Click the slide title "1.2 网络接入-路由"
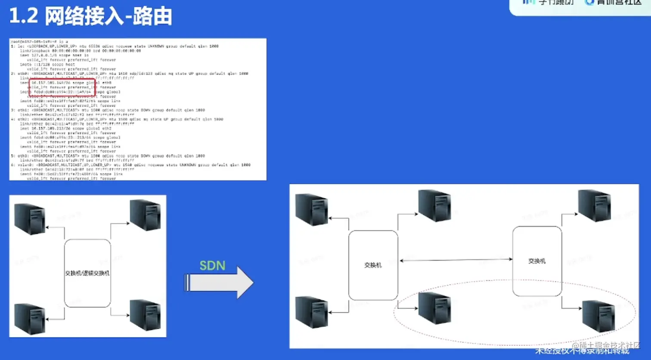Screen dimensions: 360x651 point(90,17)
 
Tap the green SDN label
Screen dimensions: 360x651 point(212,265)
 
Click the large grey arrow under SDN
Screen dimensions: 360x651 point(219,282)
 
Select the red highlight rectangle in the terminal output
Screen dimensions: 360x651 point(62,87)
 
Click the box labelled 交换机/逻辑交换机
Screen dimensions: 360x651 point(87,273)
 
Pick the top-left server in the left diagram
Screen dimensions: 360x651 point(30,219)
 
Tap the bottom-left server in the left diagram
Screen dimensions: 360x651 point(30,319)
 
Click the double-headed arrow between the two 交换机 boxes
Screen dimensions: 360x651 point(456,260)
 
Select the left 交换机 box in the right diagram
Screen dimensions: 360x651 point(373,265)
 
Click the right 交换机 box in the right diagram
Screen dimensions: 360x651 point(537,261)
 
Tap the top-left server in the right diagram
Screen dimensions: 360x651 point(311,210)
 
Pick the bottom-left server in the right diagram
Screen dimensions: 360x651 point(311,312)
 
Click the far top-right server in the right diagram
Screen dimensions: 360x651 point(594,205)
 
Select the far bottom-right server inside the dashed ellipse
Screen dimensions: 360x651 point(598,317)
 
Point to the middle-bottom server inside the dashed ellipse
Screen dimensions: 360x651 point(434,308)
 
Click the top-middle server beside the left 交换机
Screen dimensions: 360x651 point(434,205)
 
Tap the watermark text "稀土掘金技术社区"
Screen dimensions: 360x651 point(610,345)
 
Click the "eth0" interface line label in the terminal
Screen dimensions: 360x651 point(24,74)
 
